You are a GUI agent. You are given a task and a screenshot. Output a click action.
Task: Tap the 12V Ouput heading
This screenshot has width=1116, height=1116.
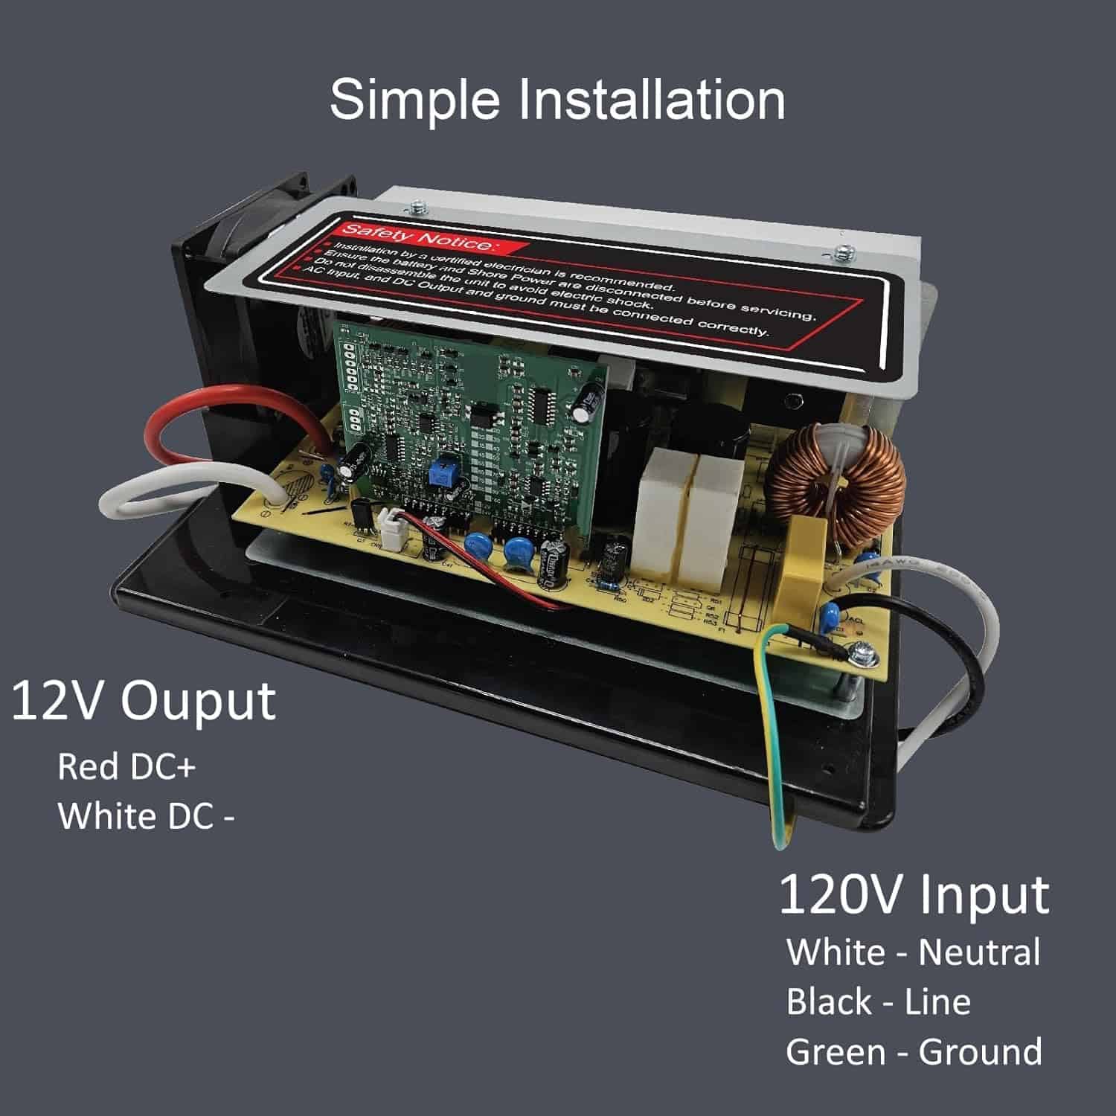[x=144, y=702]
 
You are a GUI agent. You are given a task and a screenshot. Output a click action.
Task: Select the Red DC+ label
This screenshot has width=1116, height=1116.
[x=126, y=767]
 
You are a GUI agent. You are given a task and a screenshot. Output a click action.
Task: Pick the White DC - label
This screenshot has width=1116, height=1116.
[x=146, y=816]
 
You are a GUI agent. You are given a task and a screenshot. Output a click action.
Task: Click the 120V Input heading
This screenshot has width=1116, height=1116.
[x=914, y=895]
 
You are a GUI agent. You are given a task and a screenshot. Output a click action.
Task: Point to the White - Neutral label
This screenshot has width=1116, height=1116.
[x=913, y=953]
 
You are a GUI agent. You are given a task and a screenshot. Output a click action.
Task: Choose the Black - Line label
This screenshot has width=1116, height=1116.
[x=878, y=1002]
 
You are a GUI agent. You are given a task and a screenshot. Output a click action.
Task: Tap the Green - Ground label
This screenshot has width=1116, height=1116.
[x=914, y=1052]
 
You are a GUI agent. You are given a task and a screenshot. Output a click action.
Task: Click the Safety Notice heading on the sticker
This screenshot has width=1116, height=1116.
[x=417, y=237]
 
